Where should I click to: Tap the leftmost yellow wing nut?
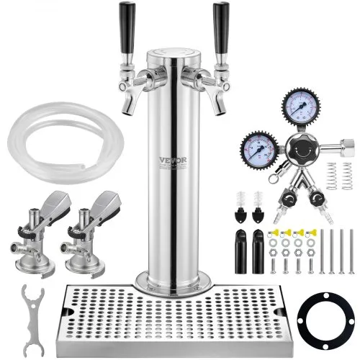point(274,232)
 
